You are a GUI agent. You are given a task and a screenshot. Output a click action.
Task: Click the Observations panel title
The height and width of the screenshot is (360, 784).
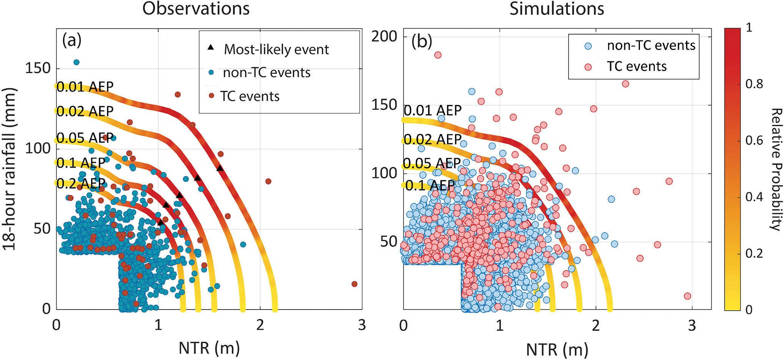(196, 8)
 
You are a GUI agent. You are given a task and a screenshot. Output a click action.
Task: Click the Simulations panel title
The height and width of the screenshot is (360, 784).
(556, 8)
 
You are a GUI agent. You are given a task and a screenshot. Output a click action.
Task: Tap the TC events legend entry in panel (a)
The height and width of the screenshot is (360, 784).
(250, 96)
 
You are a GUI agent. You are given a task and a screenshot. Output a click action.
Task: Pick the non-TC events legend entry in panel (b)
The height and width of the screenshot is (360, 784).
(651, 46)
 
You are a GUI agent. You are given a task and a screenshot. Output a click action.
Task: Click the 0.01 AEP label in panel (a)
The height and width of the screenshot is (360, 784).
(85, 87)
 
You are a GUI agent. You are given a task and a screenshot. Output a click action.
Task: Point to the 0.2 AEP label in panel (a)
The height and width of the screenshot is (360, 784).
(81, 184)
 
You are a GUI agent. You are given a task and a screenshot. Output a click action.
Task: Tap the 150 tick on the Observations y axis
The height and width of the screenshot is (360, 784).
(38, 68)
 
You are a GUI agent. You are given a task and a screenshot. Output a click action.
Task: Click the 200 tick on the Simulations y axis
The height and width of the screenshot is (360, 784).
(384, 36)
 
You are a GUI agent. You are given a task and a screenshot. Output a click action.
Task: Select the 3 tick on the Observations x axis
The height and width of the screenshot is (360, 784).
(362, 325)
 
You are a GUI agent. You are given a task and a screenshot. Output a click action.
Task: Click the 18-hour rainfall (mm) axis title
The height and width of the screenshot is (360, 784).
(9, 169)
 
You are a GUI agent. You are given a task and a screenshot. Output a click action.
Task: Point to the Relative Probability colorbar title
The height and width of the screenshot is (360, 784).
(776, 169)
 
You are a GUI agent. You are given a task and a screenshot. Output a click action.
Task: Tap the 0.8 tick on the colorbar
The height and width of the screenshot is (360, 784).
(754, 84)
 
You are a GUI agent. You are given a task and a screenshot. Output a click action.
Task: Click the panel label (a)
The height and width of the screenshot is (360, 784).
(72, 40)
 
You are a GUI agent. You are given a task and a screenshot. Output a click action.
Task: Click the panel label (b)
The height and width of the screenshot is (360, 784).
(422, 42)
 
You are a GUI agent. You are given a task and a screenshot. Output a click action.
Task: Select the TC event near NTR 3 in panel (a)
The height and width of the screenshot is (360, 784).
(354, 284)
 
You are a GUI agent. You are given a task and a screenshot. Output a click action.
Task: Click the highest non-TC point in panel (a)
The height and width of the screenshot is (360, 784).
(76, 62)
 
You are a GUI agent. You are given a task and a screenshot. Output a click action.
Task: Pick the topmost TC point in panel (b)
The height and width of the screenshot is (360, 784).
(438, 55)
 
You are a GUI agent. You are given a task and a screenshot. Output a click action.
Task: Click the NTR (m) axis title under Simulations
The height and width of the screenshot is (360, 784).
(557, 349)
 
